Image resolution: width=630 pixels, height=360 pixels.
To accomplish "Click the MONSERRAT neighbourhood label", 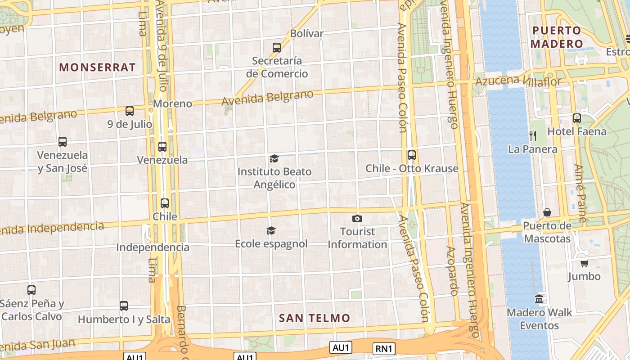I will click(97, 67).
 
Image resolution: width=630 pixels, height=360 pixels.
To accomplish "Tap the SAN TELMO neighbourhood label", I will click(314, 318).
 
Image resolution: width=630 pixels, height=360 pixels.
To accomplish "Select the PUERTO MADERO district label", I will click(556, 37).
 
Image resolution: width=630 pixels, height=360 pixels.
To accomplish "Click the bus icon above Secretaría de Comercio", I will click(277, 47).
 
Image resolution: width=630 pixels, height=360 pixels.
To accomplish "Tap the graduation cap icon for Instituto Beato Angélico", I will click(274, 158).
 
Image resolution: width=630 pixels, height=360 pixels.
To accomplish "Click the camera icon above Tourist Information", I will click(357, 219).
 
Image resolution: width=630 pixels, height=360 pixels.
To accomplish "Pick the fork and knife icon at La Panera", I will click(532, 135).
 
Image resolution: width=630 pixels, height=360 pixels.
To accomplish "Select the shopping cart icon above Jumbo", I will click(584, 263).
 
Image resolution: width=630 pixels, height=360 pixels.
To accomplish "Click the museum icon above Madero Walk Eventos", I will click(539, 299).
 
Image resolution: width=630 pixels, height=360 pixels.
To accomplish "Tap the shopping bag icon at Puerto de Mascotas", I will click(547, 212).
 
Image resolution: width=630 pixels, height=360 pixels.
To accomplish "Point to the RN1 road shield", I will click(384, 348).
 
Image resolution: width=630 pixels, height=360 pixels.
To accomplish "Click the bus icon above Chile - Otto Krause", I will click(412, 155).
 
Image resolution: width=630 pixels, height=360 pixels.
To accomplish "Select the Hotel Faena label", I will click(577, 131).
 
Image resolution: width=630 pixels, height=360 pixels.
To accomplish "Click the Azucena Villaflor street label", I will click(518, 81).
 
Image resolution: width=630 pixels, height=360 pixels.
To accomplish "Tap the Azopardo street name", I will click(452, 271).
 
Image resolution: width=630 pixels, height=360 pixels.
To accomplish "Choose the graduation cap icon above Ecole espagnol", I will click(271, 231).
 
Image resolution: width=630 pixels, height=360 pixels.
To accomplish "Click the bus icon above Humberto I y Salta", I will click(124, 306).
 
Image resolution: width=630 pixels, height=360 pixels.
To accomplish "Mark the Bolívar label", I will click(307, 33).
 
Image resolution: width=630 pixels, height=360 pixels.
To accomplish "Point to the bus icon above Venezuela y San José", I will click(63, 142).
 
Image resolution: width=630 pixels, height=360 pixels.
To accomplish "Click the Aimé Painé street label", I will click(581, 193).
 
